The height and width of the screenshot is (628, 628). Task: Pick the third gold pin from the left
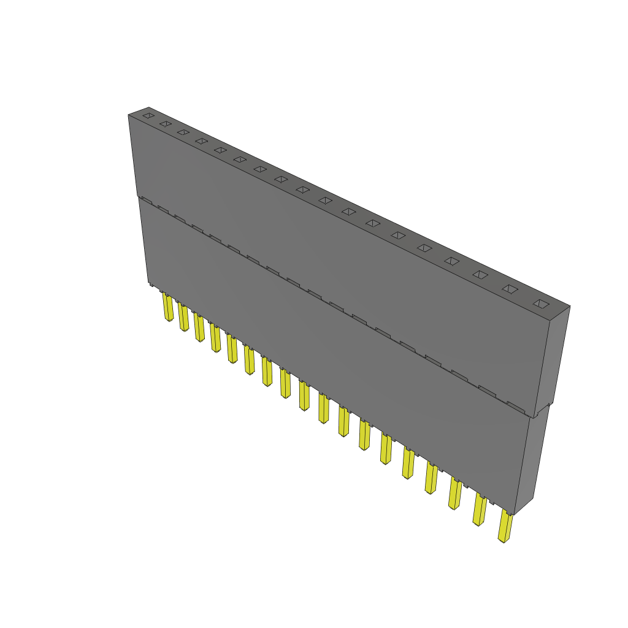(x=199, y=327)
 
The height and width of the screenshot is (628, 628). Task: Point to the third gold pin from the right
(x=454, y=494)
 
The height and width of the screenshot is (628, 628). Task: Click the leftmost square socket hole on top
(x=148, y=115)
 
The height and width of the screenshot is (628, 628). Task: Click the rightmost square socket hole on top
(x=540, y=303)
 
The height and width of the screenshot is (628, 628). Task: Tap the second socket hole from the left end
(x=165, y=123)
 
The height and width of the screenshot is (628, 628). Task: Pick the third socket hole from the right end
(x=480, y=275)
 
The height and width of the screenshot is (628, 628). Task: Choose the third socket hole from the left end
(x=183, y=132)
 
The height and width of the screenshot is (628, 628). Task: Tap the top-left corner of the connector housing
(x=129, y=115)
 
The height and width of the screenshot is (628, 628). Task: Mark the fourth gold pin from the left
(x=215, y=338)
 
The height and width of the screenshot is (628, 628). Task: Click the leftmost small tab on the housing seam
(x=145, y=200)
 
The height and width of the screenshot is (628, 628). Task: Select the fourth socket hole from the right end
(x=451, y=261)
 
